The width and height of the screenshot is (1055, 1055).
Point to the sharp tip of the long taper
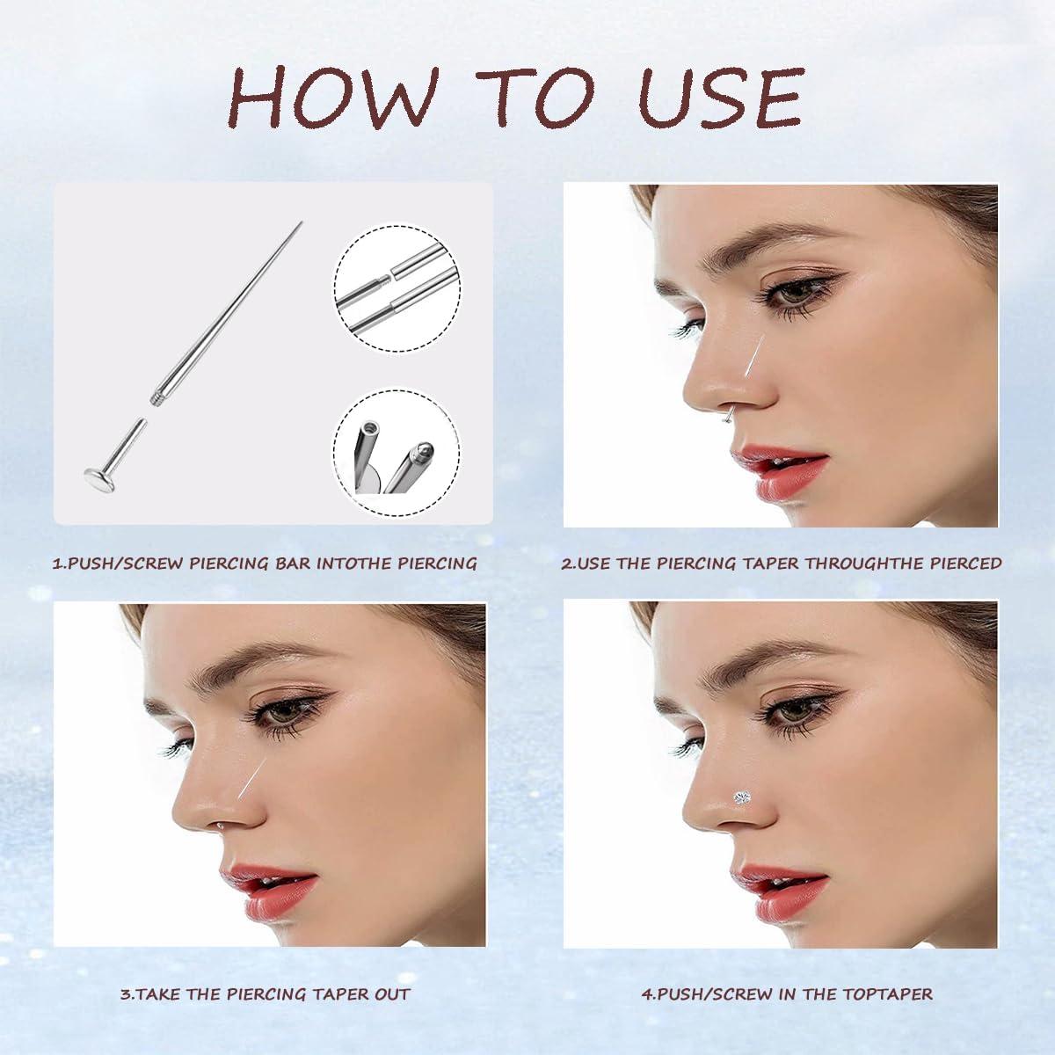(x=301, y=222)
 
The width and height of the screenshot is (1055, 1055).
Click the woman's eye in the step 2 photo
(x=789, y=290)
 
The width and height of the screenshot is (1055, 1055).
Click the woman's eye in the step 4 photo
(x=789, y=709)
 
